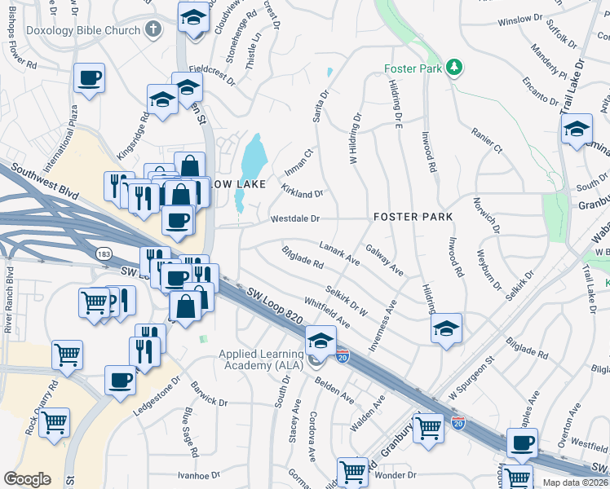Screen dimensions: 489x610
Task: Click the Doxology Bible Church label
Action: (71, 30)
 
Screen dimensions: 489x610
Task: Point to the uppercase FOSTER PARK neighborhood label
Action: (407, 218)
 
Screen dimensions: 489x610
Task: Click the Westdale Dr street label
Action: (294, 218)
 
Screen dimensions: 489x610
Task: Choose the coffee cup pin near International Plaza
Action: (89, 79)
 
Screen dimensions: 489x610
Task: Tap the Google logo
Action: (27, 478)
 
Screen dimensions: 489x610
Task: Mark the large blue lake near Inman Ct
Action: (254, 154)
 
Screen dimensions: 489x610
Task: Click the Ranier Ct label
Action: (487, 139)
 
